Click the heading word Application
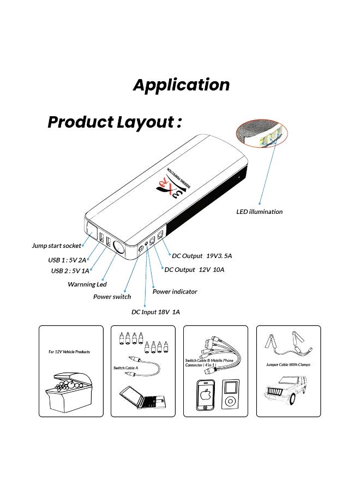[182, 85]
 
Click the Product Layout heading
[115, 122]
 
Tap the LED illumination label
[260, 212]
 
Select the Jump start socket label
[56, 246]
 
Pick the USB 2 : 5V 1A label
[70, 271]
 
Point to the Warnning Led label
[87, 284]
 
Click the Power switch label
[112, 297]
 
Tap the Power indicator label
[175, 291]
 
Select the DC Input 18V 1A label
[155, 312]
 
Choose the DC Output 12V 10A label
[195, 270]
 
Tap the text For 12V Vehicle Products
[69, 352]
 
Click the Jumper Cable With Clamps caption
[287, 364]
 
